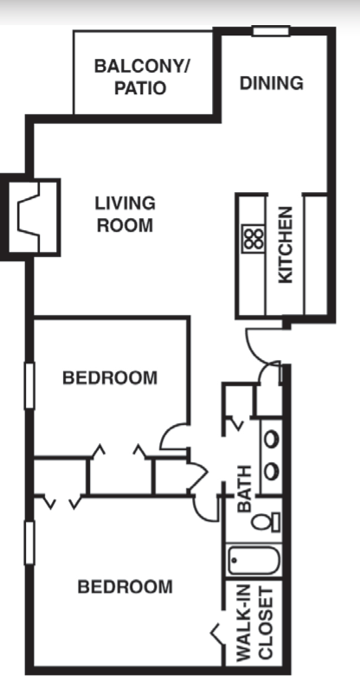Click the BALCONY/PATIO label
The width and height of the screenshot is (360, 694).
142,76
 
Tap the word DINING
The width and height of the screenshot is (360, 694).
271,83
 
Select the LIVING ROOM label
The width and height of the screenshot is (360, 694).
125,215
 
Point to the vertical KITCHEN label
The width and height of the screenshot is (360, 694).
285,244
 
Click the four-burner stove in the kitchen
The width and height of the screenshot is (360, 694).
253,238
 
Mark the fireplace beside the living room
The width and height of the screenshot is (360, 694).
30,216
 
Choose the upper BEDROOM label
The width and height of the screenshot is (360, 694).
110,377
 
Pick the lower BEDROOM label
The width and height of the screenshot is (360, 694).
125,587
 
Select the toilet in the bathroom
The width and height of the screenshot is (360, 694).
272,521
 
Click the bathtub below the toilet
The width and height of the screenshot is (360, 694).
254,560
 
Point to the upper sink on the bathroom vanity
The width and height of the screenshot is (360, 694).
272,439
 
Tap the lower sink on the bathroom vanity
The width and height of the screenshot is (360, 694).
272,471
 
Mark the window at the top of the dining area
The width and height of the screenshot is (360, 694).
270,32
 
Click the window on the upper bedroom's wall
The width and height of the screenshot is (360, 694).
29,384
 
